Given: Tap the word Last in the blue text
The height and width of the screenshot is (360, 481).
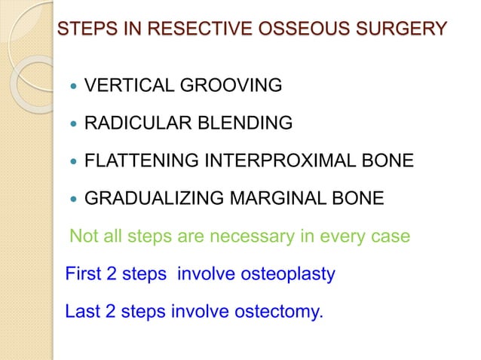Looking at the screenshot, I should tap(81, 310).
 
